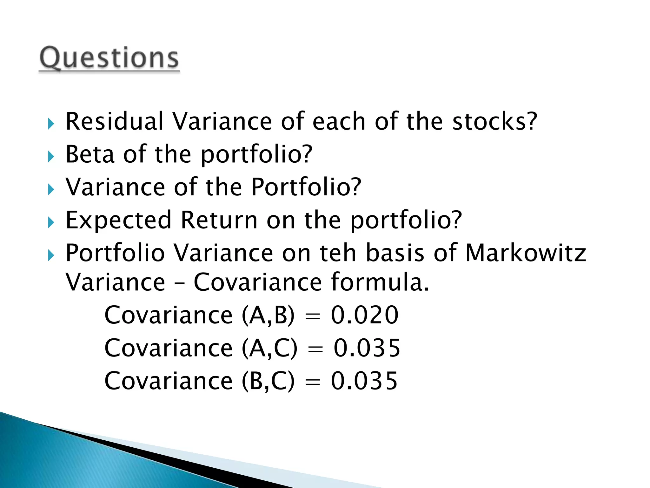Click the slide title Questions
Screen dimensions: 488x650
109,58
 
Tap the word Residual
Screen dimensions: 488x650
114,121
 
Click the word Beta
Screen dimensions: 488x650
90,154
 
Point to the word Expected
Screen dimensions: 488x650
118,220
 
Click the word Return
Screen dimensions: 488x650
219,220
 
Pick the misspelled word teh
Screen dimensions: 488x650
338,253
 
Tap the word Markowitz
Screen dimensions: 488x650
526,253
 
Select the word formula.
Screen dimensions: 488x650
380,282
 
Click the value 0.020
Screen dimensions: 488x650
365,315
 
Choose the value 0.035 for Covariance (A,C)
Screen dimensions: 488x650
367,348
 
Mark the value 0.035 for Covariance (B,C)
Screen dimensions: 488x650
364,381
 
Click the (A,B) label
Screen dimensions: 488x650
268,315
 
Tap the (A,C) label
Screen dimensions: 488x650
269,348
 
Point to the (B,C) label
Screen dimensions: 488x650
268,381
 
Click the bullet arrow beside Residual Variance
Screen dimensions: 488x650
51,124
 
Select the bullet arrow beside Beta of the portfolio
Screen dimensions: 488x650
51,157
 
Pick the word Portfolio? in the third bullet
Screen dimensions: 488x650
306,187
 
